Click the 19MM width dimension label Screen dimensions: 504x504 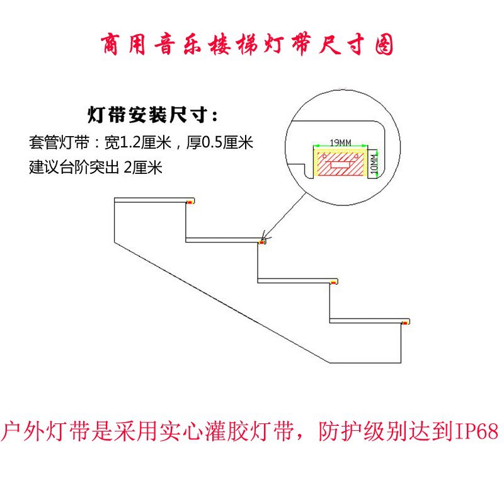click(x=341, y=143)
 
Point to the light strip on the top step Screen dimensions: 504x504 click(x=190, y=202)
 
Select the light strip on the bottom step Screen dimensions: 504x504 click(x=408, y=322)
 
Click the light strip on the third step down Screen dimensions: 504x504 click(x=335, y=282)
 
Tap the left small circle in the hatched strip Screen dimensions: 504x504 click(x=324, y=154)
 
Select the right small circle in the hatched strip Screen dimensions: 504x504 click(x=357, y=154)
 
